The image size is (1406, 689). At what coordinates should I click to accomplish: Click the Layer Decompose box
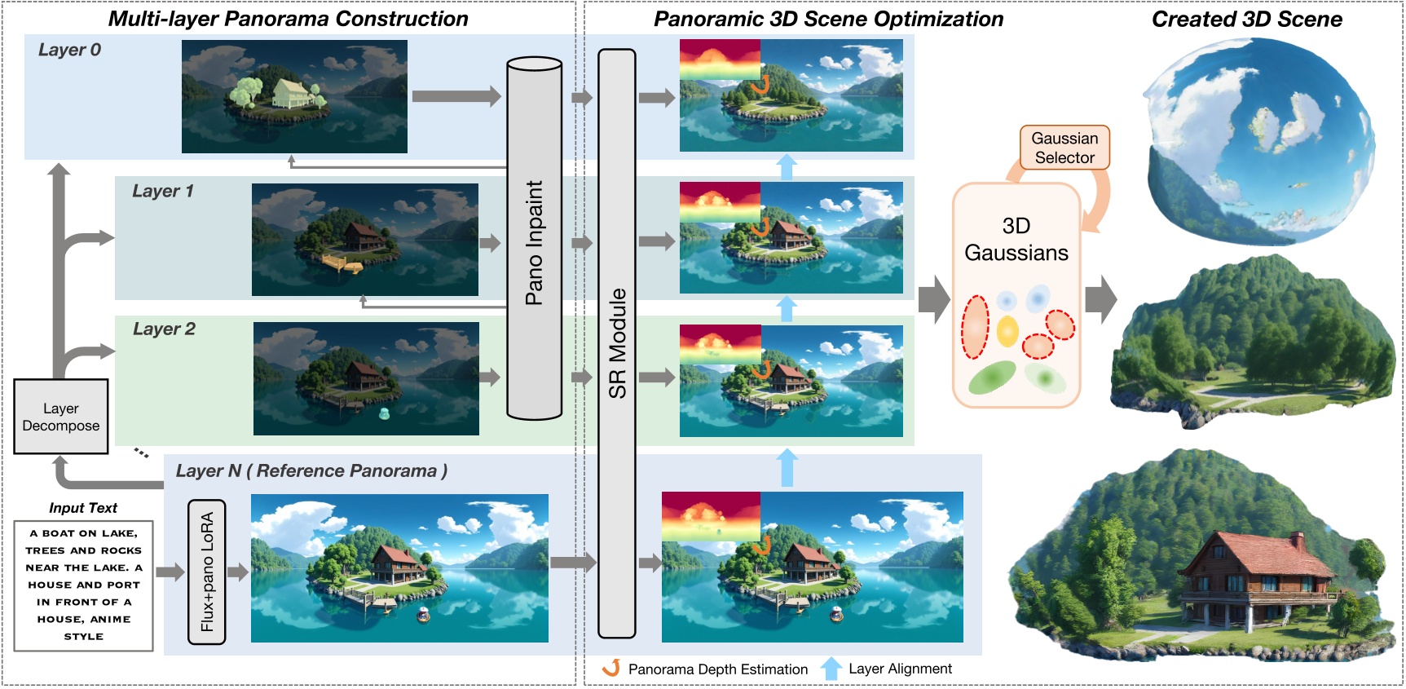[61, 417]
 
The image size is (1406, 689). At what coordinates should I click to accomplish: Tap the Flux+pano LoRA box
[207, 572]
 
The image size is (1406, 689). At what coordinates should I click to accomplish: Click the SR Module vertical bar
[617, 342]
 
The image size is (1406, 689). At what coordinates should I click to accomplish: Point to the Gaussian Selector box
[1064, 148]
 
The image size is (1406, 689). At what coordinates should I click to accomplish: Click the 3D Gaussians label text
[1016, 240]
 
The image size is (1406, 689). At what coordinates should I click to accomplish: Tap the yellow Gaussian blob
[1007, 330]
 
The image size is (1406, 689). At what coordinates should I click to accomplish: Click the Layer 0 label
[69, 50]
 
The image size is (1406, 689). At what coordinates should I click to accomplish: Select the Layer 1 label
[163, 192]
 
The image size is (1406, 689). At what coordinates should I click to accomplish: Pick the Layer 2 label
[164, 329]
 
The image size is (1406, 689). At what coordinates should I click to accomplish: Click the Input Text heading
[83, 508]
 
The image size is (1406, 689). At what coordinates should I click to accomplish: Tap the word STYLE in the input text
[84, 637]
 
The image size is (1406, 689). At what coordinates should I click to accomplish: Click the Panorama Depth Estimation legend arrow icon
[611, 668]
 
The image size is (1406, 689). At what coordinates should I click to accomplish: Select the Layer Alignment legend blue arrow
[831, 669]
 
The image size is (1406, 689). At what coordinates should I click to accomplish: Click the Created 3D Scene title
[1246, 20]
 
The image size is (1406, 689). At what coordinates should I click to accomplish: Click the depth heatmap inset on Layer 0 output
[720, 60]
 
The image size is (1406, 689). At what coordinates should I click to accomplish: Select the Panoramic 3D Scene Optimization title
[828, 20]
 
